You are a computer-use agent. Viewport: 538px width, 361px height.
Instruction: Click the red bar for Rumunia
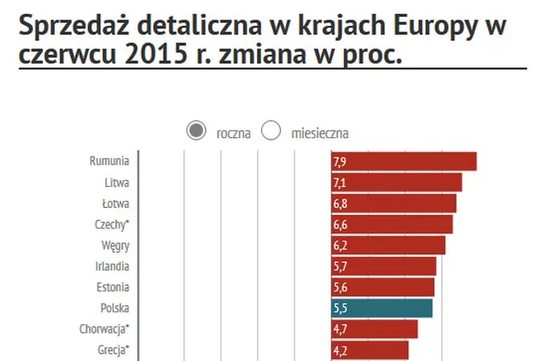point(404,161)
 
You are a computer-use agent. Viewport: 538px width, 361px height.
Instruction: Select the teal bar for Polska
point(382,308)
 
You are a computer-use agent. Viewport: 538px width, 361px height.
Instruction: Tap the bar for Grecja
point(370,350)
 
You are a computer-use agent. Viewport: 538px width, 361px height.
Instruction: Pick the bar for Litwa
point(397,182)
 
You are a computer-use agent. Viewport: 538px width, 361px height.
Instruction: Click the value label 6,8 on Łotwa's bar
point(340,204)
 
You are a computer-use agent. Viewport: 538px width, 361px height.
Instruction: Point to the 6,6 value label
point(340,225)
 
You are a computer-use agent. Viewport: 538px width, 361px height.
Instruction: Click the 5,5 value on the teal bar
point(340,308)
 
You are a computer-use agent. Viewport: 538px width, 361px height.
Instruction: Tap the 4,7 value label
point(340,329)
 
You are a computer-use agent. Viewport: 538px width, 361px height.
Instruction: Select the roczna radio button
point(195,131)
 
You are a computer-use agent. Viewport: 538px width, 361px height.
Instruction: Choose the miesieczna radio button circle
point(271,131)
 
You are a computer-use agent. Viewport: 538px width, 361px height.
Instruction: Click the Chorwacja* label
point(104,329)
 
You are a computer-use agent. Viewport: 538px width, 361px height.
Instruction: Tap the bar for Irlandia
point(384,266)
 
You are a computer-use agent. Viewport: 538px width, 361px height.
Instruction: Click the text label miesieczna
point(320,132)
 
